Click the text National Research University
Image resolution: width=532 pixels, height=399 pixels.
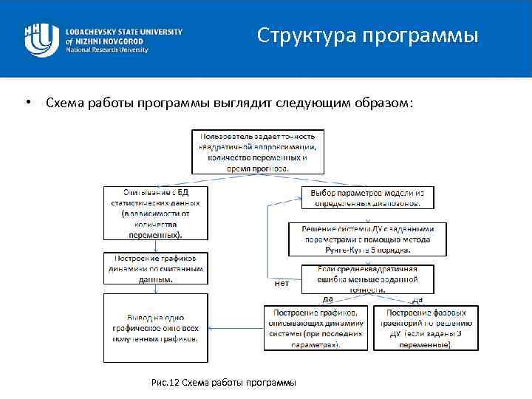(x=107, y=50)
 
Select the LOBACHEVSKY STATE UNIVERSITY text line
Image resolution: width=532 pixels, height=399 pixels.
(x=123, y=32)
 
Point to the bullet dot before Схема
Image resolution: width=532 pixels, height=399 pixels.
(x=27, y=101)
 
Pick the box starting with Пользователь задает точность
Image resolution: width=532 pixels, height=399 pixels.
(x=257, y=152)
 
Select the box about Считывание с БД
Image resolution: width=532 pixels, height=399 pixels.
(x=156, y=213)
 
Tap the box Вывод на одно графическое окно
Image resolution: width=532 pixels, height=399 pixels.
(x=156, y=328)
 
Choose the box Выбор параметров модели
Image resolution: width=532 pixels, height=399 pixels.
(x=367, y=197)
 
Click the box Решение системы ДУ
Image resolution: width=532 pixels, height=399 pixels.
(x=367, y=238)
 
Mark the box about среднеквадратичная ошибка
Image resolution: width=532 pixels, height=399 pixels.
(x=367, y=279)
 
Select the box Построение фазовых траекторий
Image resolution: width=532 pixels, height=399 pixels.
(x=425, y=327)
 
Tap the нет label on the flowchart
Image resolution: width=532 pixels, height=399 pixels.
(x=282, y=283)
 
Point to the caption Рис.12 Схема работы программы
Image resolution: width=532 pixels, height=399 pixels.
(x=222, y=382)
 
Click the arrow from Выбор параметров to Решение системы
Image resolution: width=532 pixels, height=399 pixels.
(x=367, y=215)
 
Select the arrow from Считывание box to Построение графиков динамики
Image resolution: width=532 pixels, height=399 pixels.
(x=156, y=246)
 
